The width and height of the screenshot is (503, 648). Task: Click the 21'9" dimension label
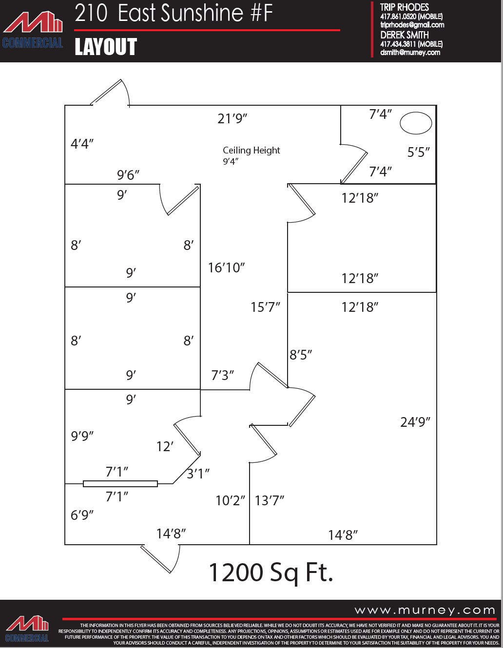232,118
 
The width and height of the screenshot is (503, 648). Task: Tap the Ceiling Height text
251,151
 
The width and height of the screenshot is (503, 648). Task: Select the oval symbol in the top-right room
416,123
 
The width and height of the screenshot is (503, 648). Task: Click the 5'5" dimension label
418,152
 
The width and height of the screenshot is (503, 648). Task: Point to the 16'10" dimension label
226,267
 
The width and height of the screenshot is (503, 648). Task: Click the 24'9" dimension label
415,422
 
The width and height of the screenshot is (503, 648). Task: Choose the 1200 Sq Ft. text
271,572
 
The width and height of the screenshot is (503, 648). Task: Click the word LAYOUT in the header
106,47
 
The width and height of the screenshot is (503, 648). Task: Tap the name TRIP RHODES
404,7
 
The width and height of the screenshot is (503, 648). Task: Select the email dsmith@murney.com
410,53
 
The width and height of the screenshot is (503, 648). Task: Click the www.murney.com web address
425,610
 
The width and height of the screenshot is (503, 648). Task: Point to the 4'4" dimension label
82,144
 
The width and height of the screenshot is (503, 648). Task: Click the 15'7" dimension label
265,307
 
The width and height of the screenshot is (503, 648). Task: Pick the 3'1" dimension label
198,474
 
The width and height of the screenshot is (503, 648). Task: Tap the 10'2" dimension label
230,500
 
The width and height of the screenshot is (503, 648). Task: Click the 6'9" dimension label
82,515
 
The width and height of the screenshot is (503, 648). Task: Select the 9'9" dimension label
82,436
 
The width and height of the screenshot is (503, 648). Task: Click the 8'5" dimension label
301,355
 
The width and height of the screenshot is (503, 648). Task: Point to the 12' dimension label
165,446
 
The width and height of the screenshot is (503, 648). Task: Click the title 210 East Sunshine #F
174,13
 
